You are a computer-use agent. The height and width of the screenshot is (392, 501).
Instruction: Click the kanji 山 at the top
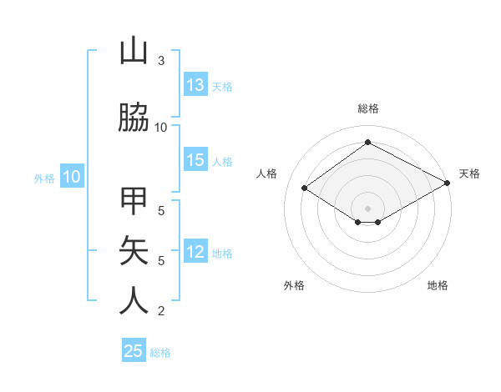click(134, 52)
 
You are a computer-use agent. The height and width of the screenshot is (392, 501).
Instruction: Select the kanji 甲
click(134, 203)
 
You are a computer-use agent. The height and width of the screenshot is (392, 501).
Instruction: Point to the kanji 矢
click(134, 250)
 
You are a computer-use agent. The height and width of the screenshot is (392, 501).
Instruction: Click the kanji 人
click(134, 299)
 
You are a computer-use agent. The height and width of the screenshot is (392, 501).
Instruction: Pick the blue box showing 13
click(195, 85)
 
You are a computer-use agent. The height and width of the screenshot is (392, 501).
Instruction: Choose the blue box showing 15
click(195, 161)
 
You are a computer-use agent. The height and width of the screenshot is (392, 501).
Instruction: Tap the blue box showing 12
click(195, 253)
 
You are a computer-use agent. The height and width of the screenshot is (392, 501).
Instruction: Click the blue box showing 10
click(72, 177)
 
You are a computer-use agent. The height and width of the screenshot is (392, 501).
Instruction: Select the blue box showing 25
click(134, 351)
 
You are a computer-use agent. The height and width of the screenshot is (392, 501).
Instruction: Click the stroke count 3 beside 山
click(161, 61)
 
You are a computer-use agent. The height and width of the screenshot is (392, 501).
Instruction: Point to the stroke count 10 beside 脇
click(161, 127)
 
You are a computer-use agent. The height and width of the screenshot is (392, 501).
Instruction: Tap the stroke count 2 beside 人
click(161, 311)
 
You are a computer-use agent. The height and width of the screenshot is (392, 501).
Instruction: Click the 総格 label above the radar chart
click(368, 108)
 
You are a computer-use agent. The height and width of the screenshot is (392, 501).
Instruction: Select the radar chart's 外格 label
click(294, 285)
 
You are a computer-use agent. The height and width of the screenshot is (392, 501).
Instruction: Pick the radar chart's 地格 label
click(438, 285)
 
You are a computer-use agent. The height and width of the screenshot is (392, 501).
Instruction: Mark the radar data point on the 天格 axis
click(448, 183)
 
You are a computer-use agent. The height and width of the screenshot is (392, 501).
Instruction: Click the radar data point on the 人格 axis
click(305, 188)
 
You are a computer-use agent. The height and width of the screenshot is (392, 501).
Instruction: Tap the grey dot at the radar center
click(367, 207)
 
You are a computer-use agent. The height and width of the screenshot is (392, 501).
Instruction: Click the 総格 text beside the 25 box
click(160, 353)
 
